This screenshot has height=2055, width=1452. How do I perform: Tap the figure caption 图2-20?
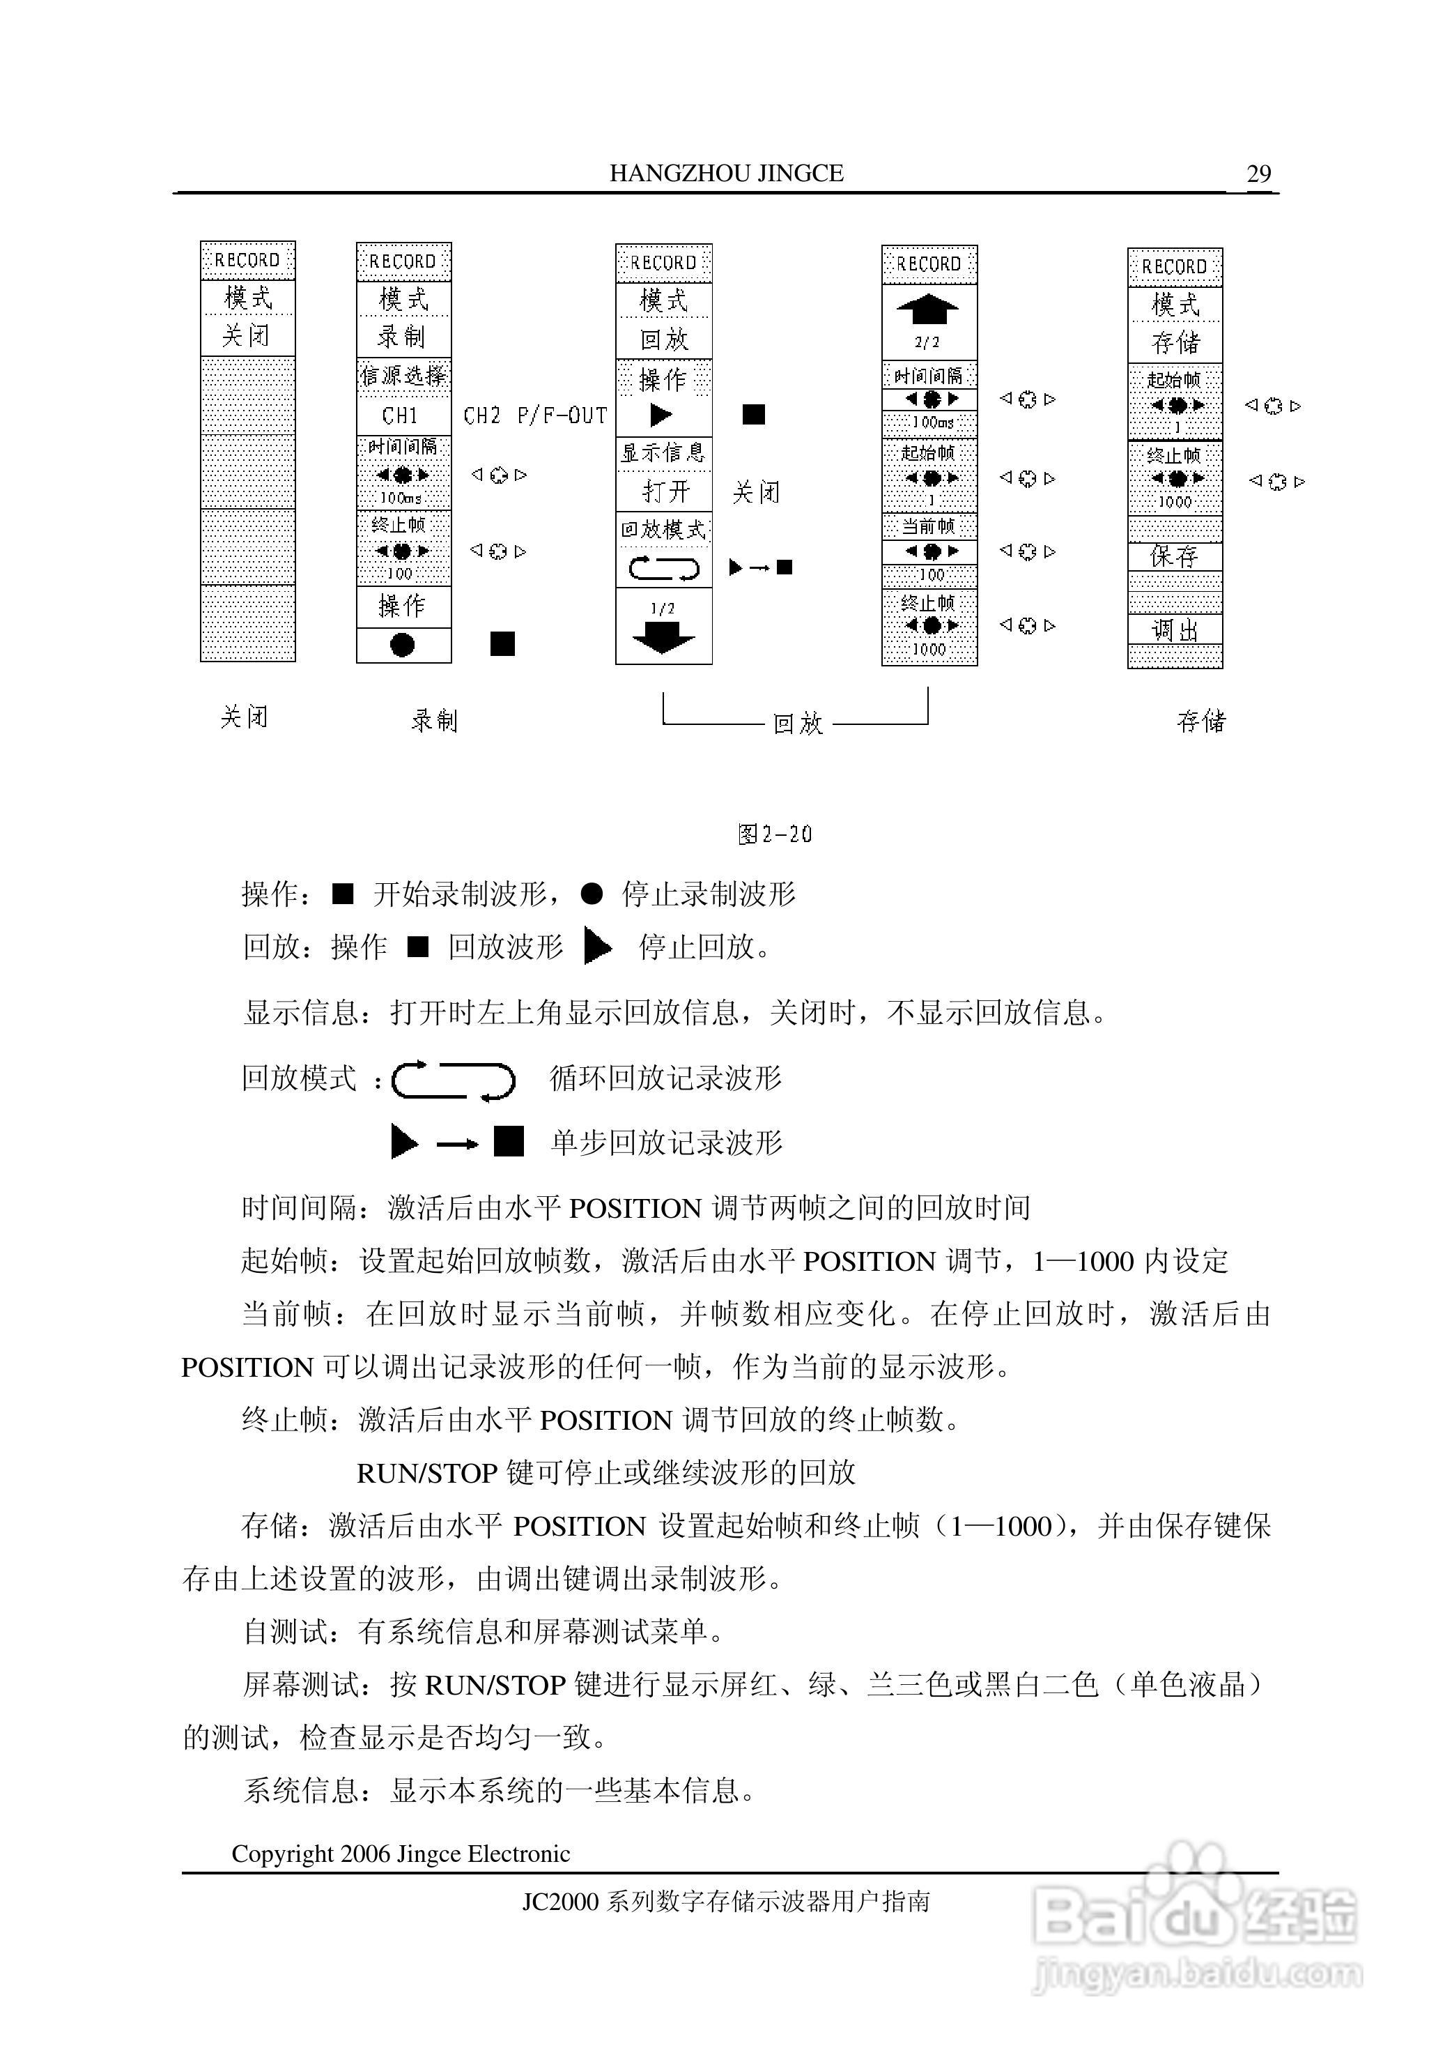(x=775, y=834)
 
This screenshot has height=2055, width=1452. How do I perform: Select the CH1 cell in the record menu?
(x=401, y=415)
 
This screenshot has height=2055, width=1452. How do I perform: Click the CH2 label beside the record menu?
(x=481, y=415)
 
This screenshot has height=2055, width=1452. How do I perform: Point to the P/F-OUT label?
(x=562, y=415)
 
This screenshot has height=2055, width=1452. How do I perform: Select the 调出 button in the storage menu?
(x=1174, y=631)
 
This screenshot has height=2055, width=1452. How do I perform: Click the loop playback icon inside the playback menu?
(x=663, y=568)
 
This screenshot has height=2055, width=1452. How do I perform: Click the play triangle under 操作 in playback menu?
(x=661, y=415)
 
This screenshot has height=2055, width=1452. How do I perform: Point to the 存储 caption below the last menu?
(x=1200, y=721)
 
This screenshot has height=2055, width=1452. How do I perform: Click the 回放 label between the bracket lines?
(x=797, y=723)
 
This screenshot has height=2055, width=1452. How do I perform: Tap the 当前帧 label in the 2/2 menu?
(x=928, y=526)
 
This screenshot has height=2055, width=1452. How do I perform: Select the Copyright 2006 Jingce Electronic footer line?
(x=401, y=1854)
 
